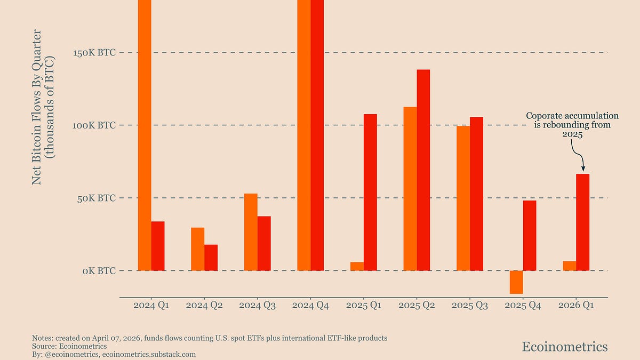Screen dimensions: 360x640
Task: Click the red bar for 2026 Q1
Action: tap(582, 222)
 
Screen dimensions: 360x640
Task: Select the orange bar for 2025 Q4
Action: tap(516, 282)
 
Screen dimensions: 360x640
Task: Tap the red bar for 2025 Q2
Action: tap(423, 170)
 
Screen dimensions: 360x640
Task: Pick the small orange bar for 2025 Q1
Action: tap(357, 266)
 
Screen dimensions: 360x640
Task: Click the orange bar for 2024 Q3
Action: tap(251, 232)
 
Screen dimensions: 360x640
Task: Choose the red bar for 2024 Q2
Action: tap(211, 258)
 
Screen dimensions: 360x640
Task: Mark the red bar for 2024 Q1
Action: tap(158, 246)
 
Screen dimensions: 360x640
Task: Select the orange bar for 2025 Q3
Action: tap(463, 198)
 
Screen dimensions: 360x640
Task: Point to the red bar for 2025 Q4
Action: tap(530, 235)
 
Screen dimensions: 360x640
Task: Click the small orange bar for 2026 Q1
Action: tap(569, 266)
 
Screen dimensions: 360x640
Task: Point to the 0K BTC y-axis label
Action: tap(99, 271)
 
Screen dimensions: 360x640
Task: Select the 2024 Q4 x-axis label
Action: tap(310, 306)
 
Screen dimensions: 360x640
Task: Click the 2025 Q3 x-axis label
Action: tap(470, 306)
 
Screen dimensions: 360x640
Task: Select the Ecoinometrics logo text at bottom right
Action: tap(564, 347)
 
